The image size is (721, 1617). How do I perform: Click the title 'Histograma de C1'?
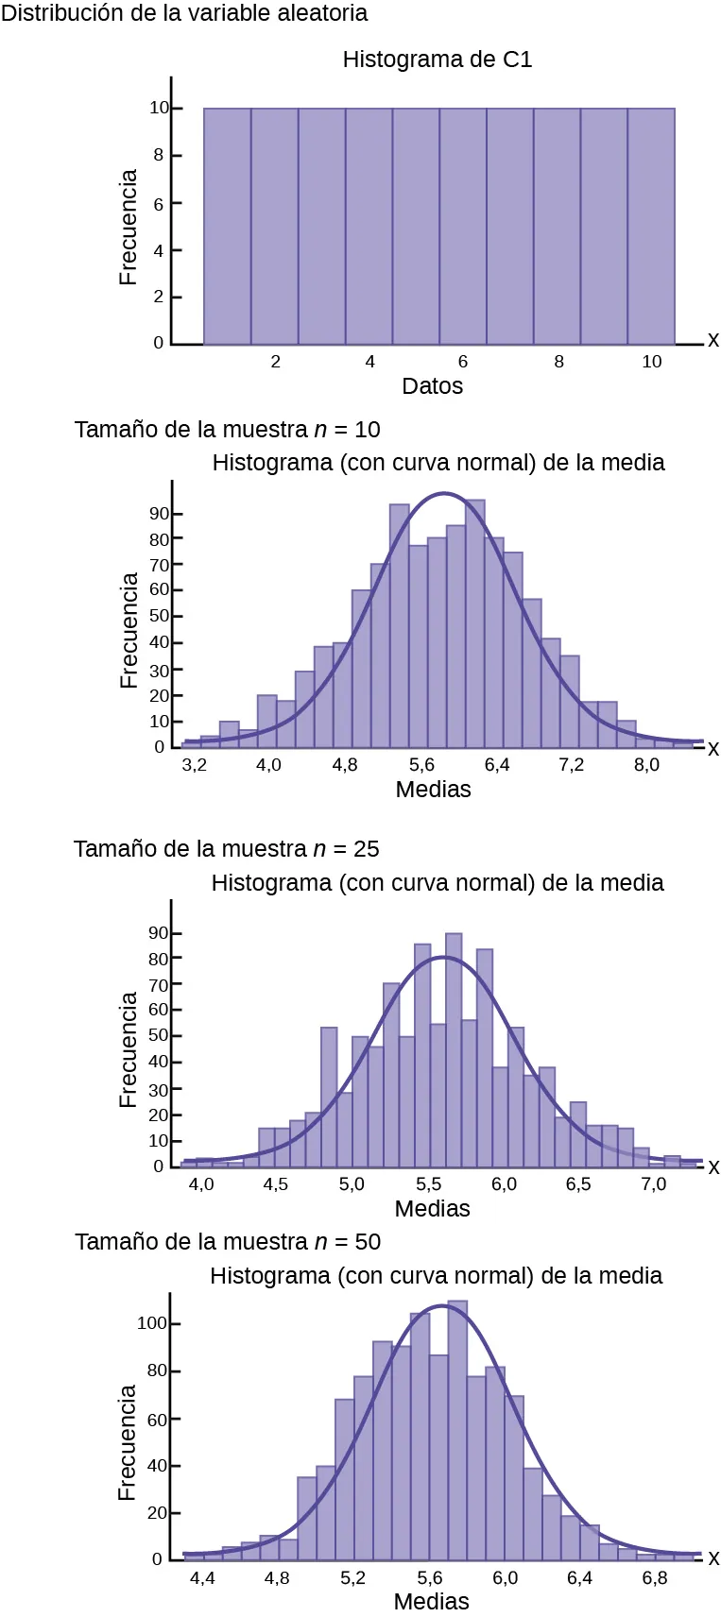(x=437, y=60)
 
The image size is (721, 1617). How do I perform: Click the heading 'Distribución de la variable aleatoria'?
(x=184, y=13)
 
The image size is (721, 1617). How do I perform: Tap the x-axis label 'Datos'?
(x=432, y=386)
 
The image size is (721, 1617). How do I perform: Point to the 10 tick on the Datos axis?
(x=652, y=362)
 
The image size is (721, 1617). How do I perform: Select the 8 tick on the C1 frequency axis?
(x=158, y=155)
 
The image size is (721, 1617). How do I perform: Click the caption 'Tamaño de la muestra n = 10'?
(x=227, y=430)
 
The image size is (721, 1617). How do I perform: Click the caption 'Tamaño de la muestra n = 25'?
(x=226, y=849)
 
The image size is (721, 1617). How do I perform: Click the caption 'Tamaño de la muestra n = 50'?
(x=228, y=1242)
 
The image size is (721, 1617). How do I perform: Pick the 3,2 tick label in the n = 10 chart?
(x=194, y=765)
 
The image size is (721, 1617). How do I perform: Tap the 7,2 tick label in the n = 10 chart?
(x=571, y=765)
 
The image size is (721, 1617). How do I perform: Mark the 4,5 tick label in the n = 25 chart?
(x=275, y=1184)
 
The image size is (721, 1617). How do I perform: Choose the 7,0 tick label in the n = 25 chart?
(x=653, y=1184)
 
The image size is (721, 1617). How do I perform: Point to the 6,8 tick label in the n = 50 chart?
(x=654, y=1578)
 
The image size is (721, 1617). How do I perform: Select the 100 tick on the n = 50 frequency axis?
(x=151, y=1323)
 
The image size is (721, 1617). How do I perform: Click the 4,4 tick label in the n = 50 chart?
(x=202, y=1578)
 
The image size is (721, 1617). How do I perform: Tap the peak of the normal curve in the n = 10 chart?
(x=444, y=494)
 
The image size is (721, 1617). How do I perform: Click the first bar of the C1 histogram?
(x=228, y=227)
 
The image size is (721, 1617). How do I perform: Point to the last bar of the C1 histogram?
(x=651, y=227)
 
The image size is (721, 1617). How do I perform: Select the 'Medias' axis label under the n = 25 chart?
(x=432, y=1209)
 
